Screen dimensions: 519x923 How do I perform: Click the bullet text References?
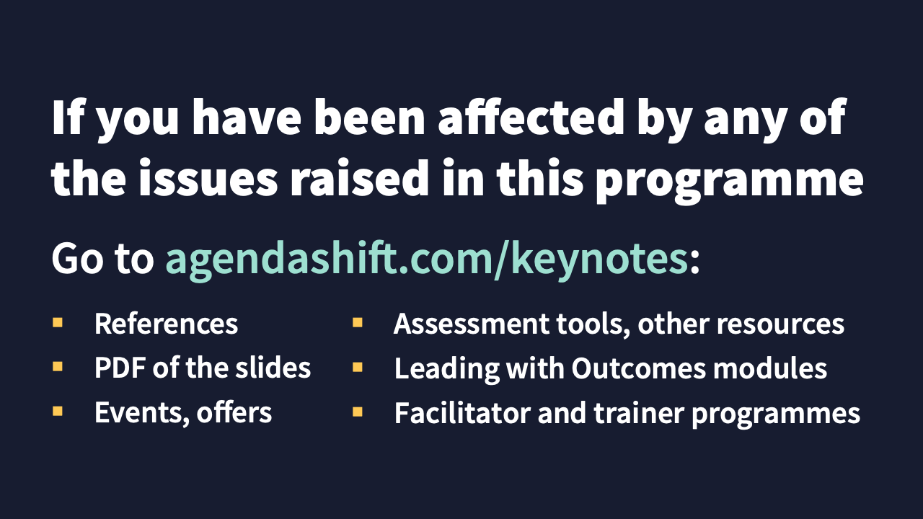(166, 324)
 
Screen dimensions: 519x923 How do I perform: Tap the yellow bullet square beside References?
(57, 322)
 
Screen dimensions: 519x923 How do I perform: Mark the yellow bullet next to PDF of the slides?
(57, 367)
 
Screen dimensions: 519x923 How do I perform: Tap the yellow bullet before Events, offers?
(57, 412)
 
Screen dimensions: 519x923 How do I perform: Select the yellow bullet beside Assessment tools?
(357, 322)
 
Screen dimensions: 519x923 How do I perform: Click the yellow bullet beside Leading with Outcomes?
(357, 367)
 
